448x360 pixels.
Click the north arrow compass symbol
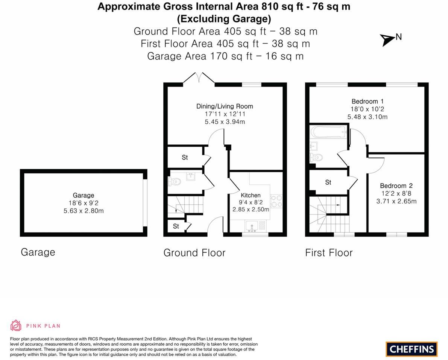(x=387, y=39)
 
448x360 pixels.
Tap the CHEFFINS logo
(x=412, y=349)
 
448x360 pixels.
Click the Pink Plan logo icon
(x=16, y=325)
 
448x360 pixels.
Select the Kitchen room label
(x=251, y=195)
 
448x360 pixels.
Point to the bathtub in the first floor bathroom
(x=328, y=132)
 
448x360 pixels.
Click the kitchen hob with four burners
(x=276, y=201)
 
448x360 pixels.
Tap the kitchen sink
(x=251, y=226)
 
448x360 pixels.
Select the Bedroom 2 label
(x=396, y=186)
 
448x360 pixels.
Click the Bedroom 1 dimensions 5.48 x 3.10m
(x=367, y=117)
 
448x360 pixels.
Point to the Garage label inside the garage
(x=84, y=195)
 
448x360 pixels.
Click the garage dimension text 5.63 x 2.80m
(x=84, y=211)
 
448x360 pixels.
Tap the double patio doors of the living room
(x=199, y=77)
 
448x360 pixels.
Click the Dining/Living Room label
(x=225, y=106)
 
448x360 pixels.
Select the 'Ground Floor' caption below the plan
(x=194, y=253)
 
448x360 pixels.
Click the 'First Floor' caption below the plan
(x=329, y=253)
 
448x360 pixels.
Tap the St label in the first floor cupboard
(x=328, y=182)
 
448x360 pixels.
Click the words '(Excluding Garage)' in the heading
(x=224, y=18)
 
